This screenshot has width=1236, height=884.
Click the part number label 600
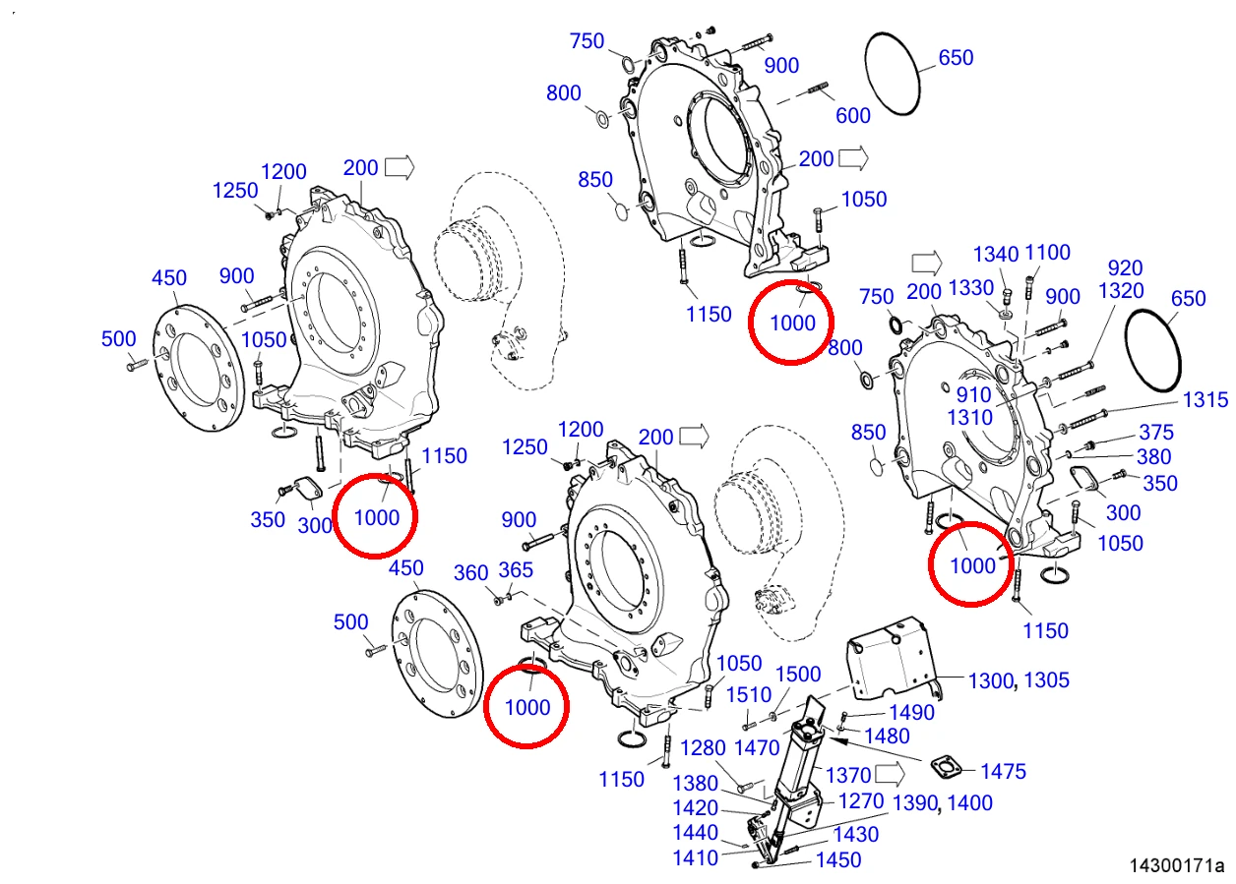point(852,116)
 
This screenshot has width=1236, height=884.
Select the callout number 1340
point(996,255)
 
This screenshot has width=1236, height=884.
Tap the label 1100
point(1047,253)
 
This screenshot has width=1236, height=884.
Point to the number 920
point(1125,268)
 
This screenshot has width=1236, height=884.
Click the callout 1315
point(1205,400)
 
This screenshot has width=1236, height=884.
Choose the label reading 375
point(1156,433)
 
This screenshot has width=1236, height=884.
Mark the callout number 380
point(1154,457)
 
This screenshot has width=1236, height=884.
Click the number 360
point(471,573)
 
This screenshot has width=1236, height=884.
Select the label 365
point(516,570)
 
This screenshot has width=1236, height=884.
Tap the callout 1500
point(798,674)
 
